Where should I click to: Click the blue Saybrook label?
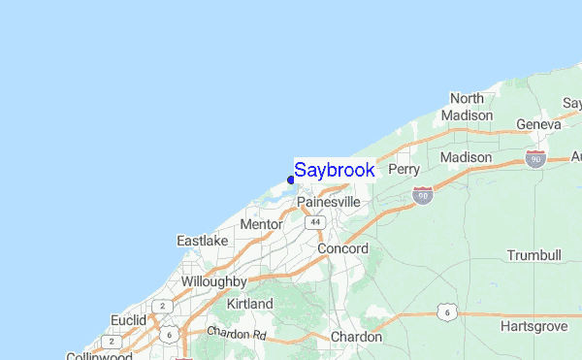coord(335,170)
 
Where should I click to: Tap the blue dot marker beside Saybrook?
coord(291,180)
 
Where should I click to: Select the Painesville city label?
coord(329,202)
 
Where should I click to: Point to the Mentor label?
coord(260,224)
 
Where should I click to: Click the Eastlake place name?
coord(202,240)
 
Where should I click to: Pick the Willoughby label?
coord(212,281)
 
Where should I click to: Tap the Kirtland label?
coord(249,304)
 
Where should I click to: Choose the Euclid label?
coord(127,319)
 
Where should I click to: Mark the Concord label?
coord(343,249)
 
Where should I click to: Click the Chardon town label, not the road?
coord(356,336)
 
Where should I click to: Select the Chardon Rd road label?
coord(236,333)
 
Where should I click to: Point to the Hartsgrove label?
coord(533,327)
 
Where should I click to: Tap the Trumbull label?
coord(533,255)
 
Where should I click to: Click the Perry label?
coord(404,169)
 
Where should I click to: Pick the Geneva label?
coord(539,124)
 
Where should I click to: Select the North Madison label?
coord(467,107)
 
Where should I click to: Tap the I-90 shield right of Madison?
coord(534,157)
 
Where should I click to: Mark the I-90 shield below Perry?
coord(422,195)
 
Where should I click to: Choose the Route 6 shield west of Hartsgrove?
coord(445,311)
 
